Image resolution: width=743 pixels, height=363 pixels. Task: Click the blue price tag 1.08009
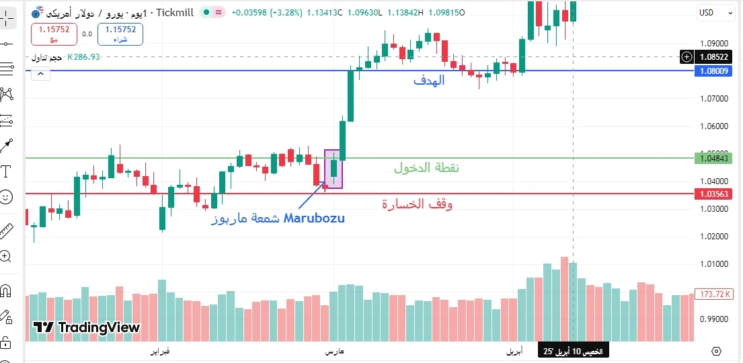[x=714, y=71]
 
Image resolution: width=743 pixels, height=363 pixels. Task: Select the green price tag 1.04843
[x=714, y=158]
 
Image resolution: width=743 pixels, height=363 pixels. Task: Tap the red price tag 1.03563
[x=714, y=194]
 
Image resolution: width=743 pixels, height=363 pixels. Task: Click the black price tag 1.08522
[x=714, y=57]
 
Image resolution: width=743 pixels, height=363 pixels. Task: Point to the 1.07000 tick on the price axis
[x=714, y=99]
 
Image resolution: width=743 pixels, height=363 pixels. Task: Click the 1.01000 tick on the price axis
[x=714, y=264]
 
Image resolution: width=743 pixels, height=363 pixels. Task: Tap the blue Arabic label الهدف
[x=429, y=81]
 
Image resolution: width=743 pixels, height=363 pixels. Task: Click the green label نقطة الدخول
[x=426, y=168]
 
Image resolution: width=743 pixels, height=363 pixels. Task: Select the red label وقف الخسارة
[x=418, y=204]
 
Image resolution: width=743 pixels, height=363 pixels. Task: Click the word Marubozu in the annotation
[x=314, y=218]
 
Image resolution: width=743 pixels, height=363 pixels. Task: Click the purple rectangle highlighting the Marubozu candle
[x=334, y=169]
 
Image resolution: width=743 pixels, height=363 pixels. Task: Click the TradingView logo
[x=87, y=328]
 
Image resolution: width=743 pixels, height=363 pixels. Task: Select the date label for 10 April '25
[x=574, y=352]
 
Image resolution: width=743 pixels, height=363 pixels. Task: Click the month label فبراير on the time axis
[x=159, y=352]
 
